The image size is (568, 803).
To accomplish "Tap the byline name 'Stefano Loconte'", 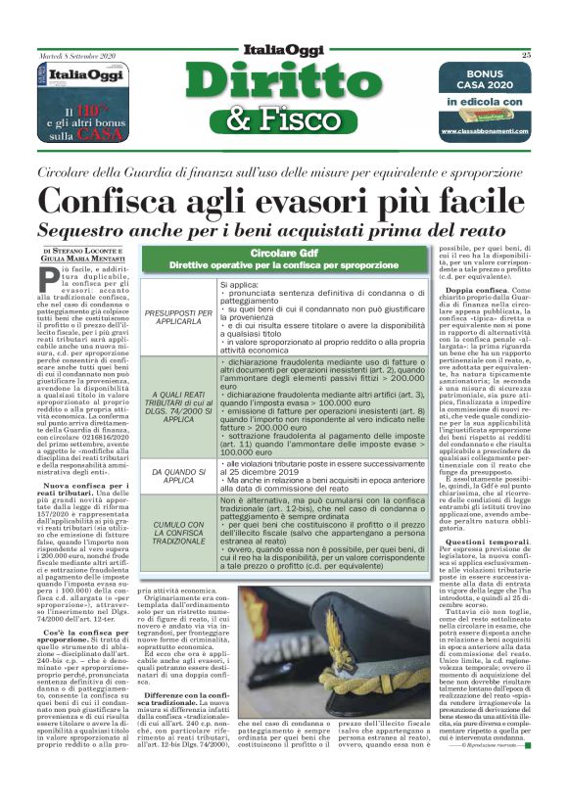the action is coord(88,252).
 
